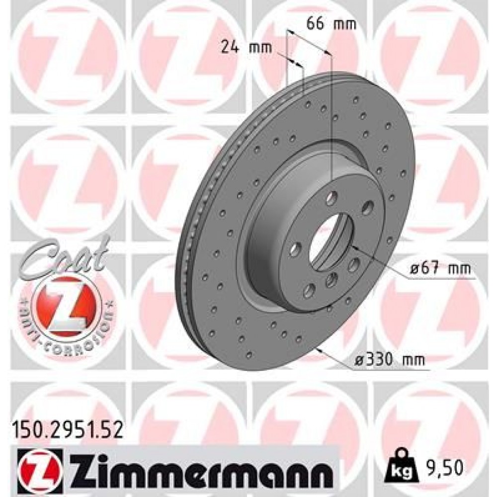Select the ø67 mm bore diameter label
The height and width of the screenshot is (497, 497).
[440, 269]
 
